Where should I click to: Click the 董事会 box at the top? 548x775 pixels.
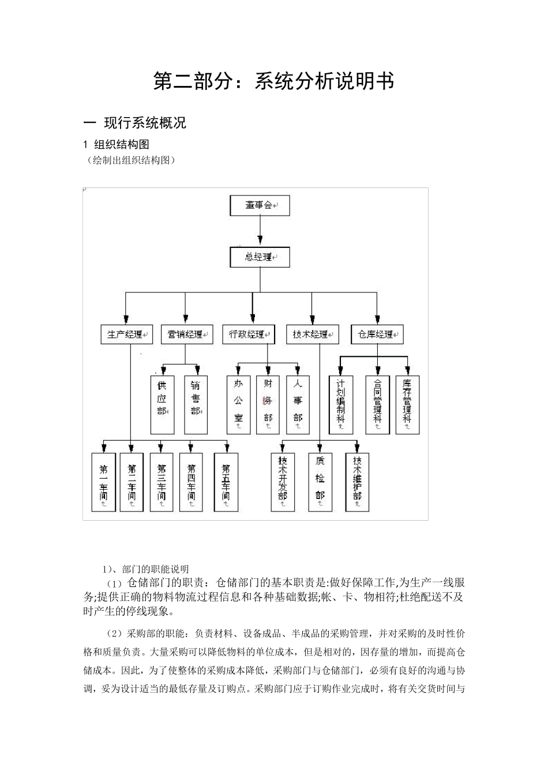click(260, 205)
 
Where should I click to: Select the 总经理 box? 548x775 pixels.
click(260, 257)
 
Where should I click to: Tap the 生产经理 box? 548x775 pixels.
click(126, 334)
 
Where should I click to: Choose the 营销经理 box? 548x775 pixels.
click(186, 334)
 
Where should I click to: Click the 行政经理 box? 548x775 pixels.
click(249, 334)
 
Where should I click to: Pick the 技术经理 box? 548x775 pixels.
click(312, 334)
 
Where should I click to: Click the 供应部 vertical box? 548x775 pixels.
click(162, 405)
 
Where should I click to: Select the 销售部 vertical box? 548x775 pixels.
click(196, 405)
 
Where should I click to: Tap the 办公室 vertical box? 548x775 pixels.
click(238, 405)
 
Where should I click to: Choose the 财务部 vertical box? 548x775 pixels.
click(268, 405)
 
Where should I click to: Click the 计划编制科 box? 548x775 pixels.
click(340, 405)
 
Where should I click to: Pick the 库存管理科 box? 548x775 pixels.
click(407, 405)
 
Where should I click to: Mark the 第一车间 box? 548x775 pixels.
click(103, 482)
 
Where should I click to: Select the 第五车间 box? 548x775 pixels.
click(226, 482)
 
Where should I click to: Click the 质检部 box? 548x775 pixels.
click(320, 482)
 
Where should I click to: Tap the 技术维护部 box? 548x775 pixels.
click(357, 482)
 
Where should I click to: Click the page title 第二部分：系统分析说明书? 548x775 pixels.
click(273, 81)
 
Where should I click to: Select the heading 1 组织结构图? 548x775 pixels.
click(117, 144)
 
